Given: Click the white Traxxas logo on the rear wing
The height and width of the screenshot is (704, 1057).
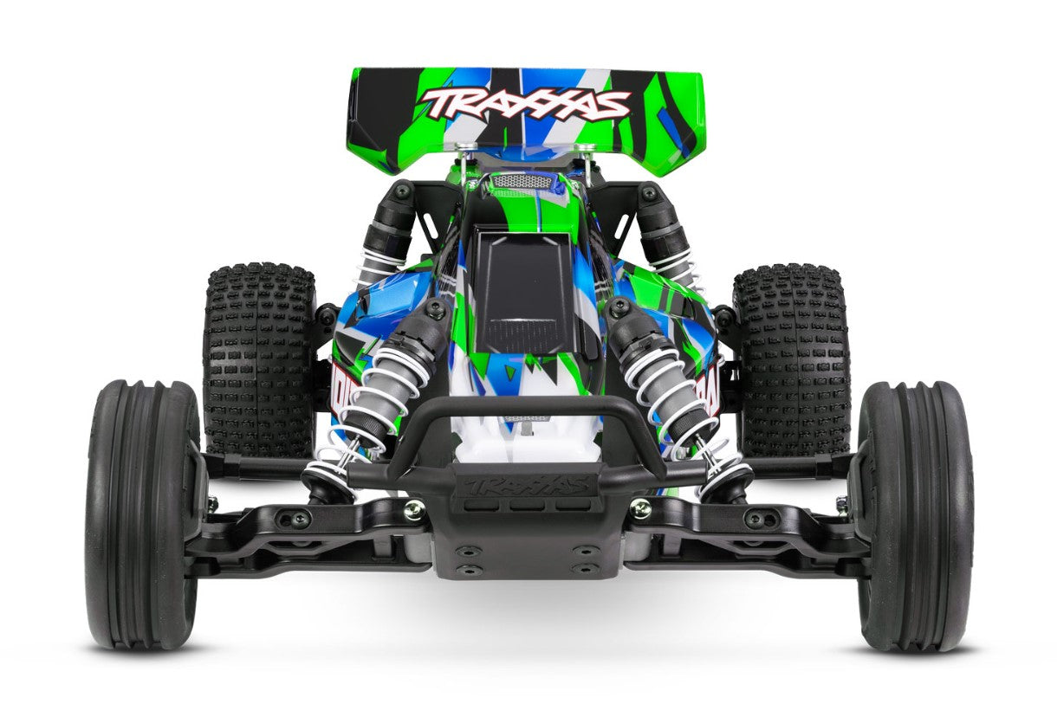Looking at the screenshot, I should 525,103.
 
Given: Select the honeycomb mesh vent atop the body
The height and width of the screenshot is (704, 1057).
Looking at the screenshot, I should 522,181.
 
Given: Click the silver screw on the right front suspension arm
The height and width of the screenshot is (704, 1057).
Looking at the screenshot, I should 640,508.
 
